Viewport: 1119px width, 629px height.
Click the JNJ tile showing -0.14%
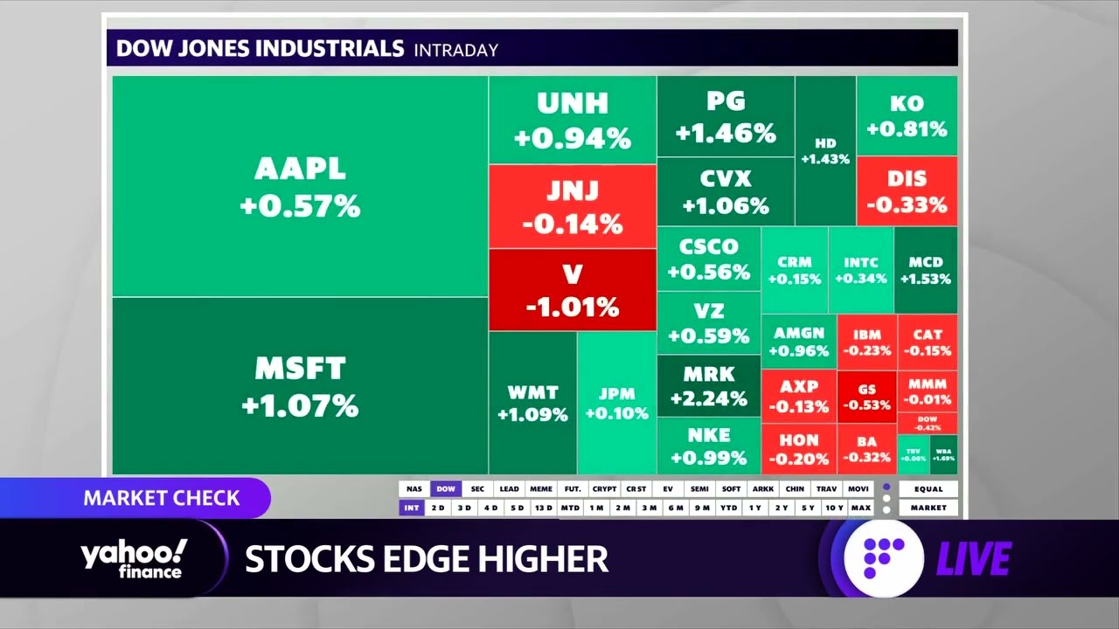point(573,207)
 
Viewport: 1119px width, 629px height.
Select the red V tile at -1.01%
point(573,290)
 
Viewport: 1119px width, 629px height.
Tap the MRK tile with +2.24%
point(708,386)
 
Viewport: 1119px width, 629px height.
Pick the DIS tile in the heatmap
point(907,191)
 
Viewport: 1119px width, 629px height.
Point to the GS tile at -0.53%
point(866,397)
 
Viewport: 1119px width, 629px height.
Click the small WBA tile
point(944,454)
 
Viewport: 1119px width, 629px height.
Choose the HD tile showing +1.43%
point(825,150)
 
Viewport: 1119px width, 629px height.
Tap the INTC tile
point(861,270)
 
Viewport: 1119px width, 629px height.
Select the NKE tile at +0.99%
point(708,446)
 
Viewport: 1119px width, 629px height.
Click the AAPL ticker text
point(300,169)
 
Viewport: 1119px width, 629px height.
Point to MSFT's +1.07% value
point(300,406)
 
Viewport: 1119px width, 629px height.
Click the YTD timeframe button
point(728,508)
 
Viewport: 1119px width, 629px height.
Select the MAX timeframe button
point(860,508)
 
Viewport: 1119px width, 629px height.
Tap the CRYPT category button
point(603,489)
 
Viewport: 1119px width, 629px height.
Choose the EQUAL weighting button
point(928,489)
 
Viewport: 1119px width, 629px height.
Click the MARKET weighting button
point(928,508)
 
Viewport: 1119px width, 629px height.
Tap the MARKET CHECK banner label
point(162,498)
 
